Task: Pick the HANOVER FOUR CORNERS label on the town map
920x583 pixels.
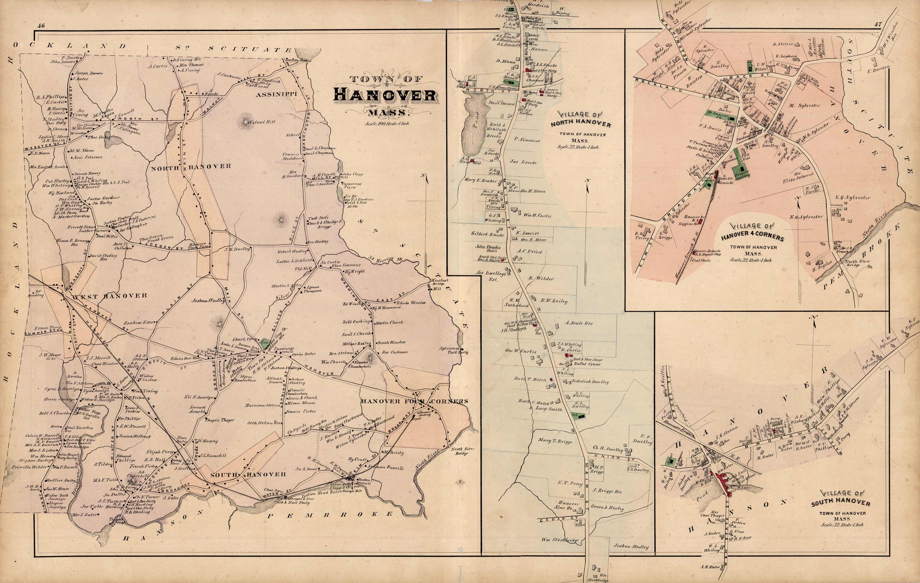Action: (415, 401)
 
